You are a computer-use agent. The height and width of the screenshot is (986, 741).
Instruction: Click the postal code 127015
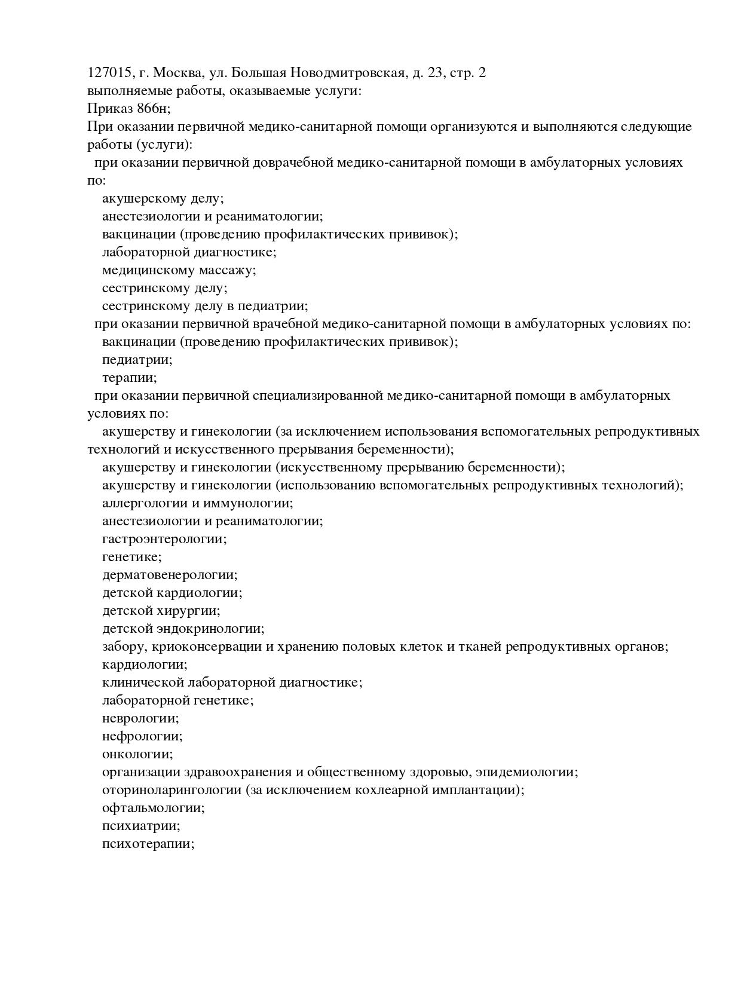[x=109, y=73]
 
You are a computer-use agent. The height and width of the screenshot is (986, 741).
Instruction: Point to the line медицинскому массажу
[x=179, y=270]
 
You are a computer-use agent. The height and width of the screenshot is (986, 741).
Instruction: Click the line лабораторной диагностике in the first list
[x=189, y=252]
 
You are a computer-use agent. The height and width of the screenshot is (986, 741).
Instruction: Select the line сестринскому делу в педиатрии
[x=204, y=306]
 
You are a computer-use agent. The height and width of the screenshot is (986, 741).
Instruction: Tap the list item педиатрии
[x=137, y=360]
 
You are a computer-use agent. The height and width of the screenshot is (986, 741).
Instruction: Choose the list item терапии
[x=129, y=378]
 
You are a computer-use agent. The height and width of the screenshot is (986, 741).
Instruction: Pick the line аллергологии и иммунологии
[x=197, y=503]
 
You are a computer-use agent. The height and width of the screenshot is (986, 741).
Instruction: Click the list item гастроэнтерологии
[x=164, y=539]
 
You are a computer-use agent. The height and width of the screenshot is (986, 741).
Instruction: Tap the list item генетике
[x=131, y=557]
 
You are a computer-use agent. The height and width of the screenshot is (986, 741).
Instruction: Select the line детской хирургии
[x=161, y=611]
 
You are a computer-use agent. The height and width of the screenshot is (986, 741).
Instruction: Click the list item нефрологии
[x=142, y=736]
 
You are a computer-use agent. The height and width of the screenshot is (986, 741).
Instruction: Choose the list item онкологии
[x=137, y=754]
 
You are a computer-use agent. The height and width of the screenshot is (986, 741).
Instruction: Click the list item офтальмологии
[x=153, y=808]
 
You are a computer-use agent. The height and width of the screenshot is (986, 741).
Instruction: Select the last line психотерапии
[x=148, y=844]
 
